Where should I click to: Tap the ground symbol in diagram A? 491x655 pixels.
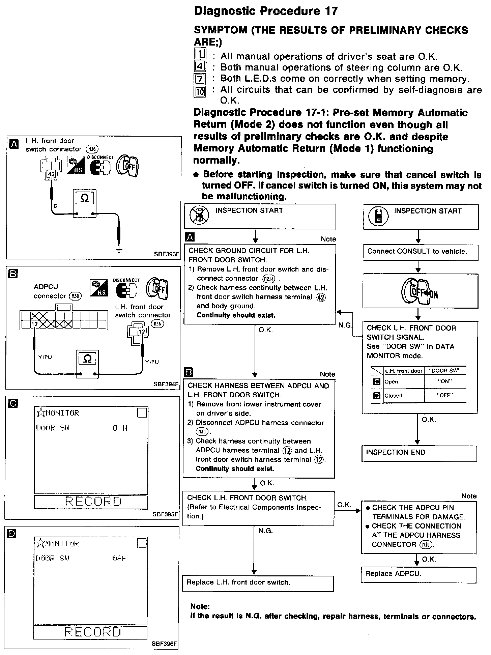[x=119, y=250]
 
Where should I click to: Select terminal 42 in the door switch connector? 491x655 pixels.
[x=51, y=174]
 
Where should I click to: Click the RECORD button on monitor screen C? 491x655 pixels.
[x=91, y=502]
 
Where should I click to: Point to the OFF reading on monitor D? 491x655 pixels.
[x=119, y=558]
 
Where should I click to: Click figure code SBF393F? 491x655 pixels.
[x=166, y=254]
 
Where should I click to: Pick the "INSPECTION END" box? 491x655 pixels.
[x=420, y=453]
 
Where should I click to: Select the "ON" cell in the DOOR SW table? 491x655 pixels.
[x=445, y=381]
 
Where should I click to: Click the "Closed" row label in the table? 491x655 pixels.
[x=394, y=396]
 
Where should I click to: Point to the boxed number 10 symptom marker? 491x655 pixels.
[x=200, y=92]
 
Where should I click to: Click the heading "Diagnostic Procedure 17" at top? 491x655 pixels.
[x=266, y=11]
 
